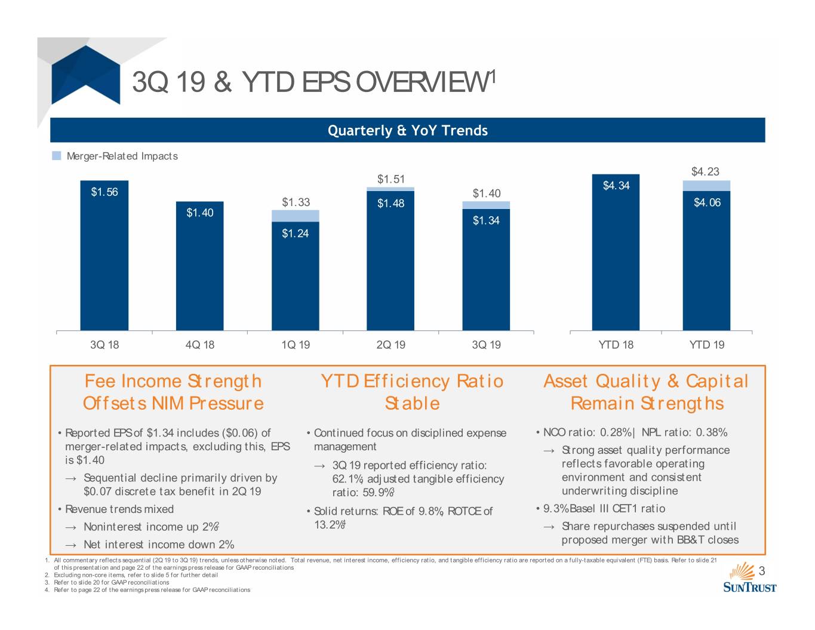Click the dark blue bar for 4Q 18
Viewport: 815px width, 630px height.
pyautogui.click(x=199, y=266)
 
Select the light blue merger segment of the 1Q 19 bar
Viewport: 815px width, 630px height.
pyautogui.click(x=295, y=216)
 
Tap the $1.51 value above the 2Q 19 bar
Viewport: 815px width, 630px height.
pyautogui.click(x=391, y=179)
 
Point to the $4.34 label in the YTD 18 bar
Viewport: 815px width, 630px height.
pyautogui.click(x=616, y=185)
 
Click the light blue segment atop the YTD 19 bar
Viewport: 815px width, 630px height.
pyautogui.click(x=706, y=186)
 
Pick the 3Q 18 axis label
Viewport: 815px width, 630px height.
pyautogui.click(x=104, y=345)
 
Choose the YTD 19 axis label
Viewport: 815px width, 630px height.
pyautogui.click(x=706, y=345)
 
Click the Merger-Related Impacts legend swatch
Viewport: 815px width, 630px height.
pyautogui.click(x=56, y=156)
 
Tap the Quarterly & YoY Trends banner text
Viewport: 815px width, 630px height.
pyautogui.click(x=408, y=130)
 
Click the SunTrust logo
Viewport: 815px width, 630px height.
pyautogui.click(x=749, y=577)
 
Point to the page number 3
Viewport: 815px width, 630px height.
pyautogui.click(x=762, y=571)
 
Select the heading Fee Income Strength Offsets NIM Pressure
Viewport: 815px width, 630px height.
pyautogui.click(x=173, y=392)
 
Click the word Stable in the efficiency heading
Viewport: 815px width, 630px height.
pyautogui.click(x=412, y=404)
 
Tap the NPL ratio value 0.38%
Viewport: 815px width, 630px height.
pyautogui.click(x=712, y=432)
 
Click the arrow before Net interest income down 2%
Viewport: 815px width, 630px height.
pyautogui.click(x=71, y=545)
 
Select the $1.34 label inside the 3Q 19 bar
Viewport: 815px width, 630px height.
pyautogui.click(x=486, y=220)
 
